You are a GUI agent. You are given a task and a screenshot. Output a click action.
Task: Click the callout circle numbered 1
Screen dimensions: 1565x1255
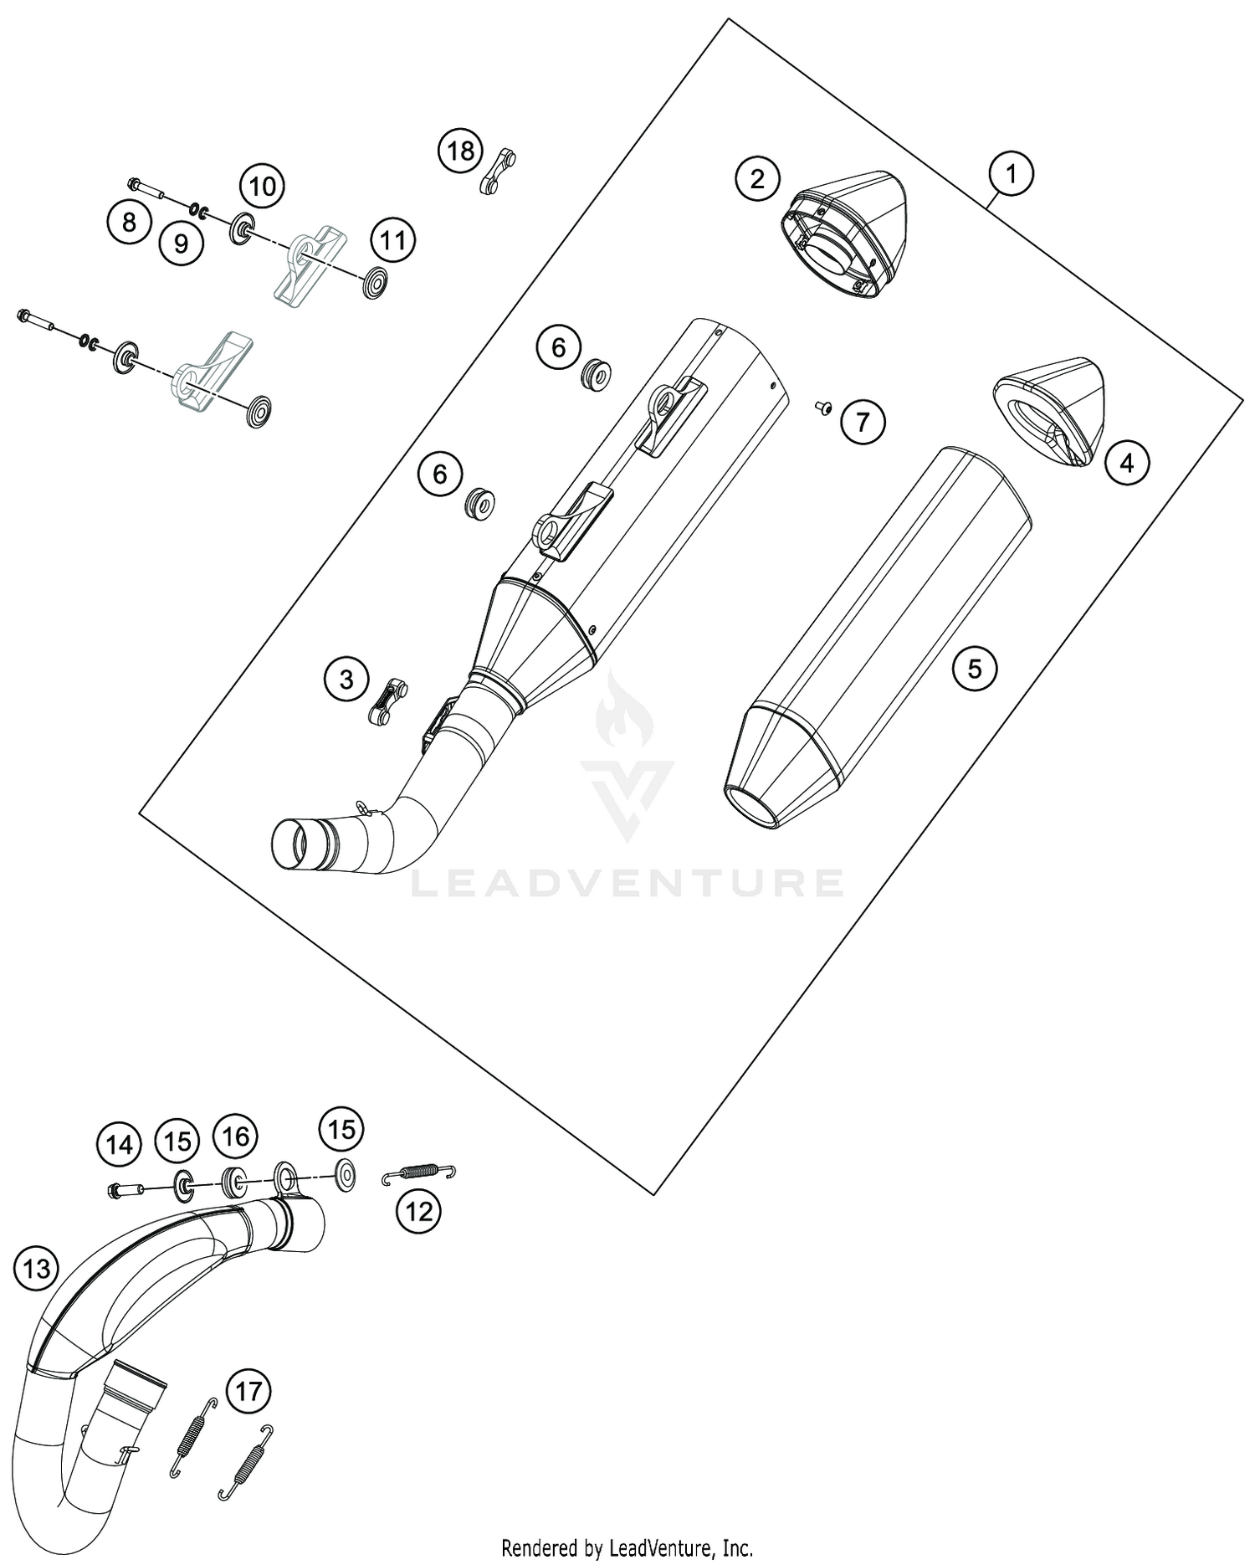tap(1011, 174)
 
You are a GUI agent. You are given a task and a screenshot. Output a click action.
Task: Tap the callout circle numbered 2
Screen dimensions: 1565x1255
tap(757, 178)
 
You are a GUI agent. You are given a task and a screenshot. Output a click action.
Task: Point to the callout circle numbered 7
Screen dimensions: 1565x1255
tap(862, 422)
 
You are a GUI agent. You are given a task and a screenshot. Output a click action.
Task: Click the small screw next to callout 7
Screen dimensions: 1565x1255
tap(822, 407)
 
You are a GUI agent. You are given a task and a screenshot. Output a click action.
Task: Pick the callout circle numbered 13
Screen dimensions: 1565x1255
tap(37, 1270)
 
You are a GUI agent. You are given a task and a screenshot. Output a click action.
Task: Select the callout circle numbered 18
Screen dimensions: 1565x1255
tap(460, 151)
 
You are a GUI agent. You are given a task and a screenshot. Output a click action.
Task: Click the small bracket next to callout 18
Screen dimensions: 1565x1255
tap(498, 170)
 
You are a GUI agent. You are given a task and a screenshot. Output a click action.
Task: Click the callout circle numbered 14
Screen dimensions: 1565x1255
tap(120, 1144)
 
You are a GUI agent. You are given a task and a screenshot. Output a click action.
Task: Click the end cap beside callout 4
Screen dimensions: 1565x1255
tap(1050, 408)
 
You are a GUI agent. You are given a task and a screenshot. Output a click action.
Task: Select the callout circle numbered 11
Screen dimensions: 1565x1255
tap(393, 241)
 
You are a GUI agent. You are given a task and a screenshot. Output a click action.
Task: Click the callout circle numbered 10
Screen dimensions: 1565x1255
tap(262, 186)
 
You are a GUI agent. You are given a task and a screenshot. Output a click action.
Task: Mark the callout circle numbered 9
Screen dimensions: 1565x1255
tap(182, 243)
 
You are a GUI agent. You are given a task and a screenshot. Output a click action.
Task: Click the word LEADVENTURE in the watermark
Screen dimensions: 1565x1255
tap(627, 883)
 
